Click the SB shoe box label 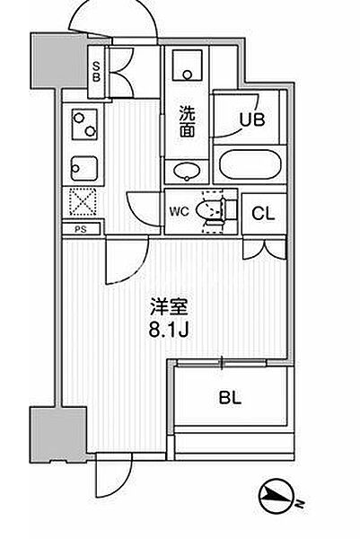(97, 72)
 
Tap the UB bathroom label (252, 119)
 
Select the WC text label (179, 211)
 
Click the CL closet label (263, 214)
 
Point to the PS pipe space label (81, 229)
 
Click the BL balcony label (230, 398)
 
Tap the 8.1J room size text (169, 331)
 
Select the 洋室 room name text (169, 307)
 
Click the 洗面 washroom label (188, 122)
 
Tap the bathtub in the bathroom (250, 164)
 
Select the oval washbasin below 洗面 (187, 171)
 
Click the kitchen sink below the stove (84, 168)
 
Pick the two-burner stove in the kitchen (84, 125)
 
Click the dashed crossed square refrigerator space (82, 202)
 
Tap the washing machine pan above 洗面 (188, 65)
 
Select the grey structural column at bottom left (58, 435)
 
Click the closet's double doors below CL (265, 249)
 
